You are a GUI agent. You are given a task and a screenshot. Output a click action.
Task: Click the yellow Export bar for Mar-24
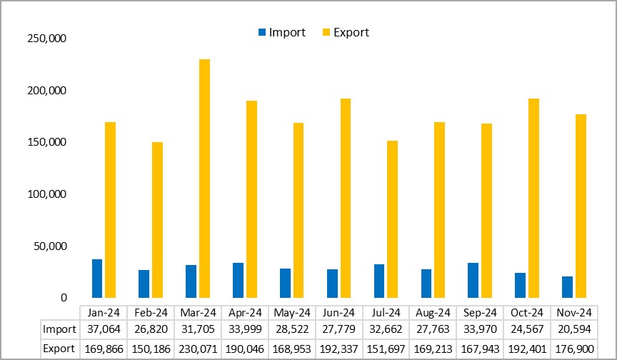click(x=204, y=179)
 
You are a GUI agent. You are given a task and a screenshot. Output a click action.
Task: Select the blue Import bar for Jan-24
click(x=97, y=279)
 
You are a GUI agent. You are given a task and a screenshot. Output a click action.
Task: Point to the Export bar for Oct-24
click(x=533, y=198)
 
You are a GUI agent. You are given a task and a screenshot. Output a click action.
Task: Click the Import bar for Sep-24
click(x=473, y=280)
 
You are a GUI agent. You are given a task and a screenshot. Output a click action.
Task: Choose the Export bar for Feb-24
click(x=157, y=220)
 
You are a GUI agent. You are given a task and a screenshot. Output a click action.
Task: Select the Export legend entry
click(x=346, y=32)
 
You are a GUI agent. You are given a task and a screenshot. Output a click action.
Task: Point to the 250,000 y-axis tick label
click(x=46, y=39)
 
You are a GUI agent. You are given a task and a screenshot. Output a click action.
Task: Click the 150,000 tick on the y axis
click(x=46, y=142)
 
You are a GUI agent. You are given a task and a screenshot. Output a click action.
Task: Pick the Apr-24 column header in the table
click(x=245, y=312)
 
